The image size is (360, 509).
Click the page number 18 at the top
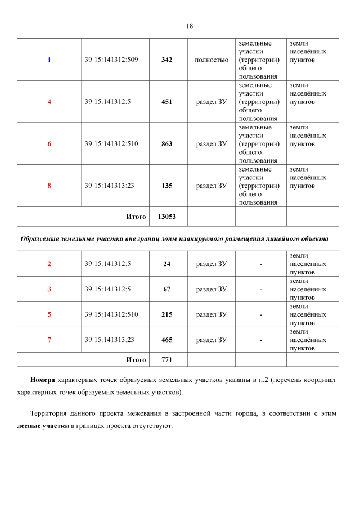[189, 26]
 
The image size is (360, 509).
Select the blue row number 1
[49, 60]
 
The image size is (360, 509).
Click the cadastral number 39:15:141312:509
[111, 60]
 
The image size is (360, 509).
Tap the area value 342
[166, 60]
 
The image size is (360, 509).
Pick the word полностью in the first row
[211, 60]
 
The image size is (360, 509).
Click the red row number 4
[49, 102]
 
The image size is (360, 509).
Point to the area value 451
[166, 102]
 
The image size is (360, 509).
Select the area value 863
[166, 144]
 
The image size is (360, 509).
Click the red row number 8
[49, 186]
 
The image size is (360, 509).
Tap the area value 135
[166, 186]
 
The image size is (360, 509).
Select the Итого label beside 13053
[136, 217]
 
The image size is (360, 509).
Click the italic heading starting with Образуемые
[174, 238]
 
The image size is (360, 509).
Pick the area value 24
[166, 264]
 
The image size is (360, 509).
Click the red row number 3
[49, 289]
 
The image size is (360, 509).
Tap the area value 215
[166, 314]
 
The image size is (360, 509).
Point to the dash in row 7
[261, 340]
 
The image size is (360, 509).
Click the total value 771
[166, 360]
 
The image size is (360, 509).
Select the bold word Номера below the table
[42, 380]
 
